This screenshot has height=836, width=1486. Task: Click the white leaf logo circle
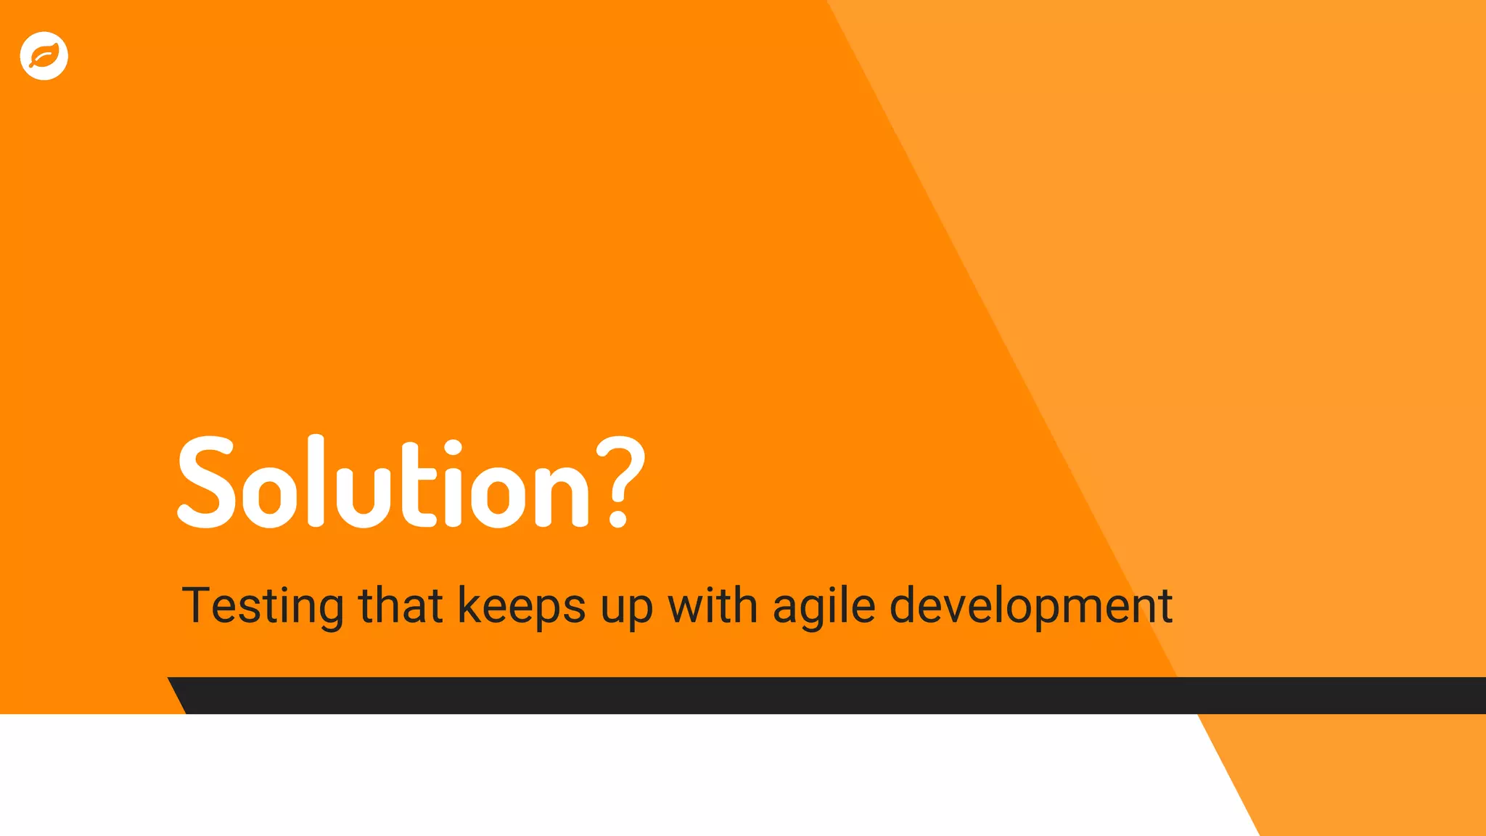click(x=44, y=56)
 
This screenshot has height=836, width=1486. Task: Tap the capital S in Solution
click(x=207, y=482)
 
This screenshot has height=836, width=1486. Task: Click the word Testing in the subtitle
click(x=262, y=606)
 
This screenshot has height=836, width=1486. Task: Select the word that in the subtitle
click(x=401, y=606)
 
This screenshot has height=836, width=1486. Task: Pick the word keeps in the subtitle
click(x=521, y=606)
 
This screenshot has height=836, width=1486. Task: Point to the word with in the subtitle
click(x=713, y=606)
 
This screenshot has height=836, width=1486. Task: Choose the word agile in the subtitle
click(x=824, y=606)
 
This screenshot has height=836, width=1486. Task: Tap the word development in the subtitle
click(x=1030, y=606)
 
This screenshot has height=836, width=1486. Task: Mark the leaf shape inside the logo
click(x=44, y=56)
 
